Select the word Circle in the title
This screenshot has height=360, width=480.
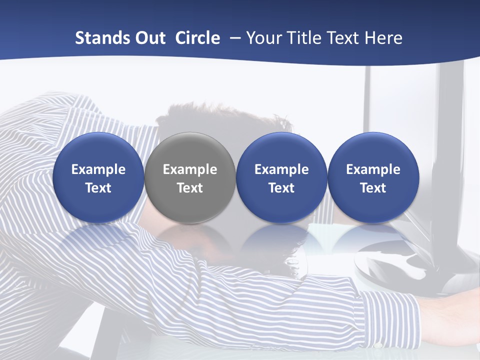pos(197,38)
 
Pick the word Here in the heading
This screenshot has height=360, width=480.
pos(382,38)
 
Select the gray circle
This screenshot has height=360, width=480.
pos(190,177)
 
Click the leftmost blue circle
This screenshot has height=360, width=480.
pos(98,177)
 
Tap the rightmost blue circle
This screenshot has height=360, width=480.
pos(373,177)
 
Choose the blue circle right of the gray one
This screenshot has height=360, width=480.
pos(281,177)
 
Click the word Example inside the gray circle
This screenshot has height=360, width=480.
pos(190,169)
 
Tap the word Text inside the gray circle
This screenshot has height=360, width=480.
pos(190,188)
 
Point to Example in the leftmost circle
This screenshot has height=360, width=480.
pos(98,169)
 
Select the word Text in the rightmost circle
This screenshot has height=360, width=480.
pos(373,188)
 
